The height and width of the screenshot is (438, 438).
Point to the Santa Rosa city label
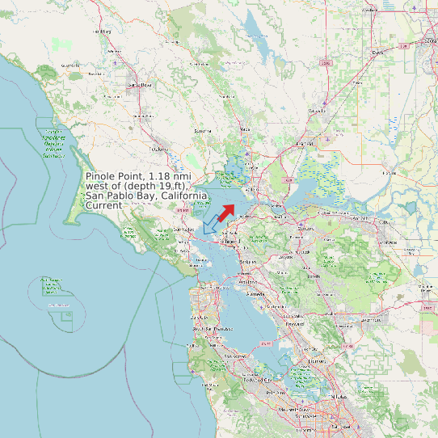click(x=140, y=84)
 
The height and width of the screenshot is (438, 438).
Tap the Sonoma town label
click(x=203, y=131)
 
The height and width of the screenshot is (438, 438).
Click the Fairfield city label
click(x=305, y=143)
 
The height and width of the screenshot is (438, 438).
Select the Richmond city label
click(x=233, y=241)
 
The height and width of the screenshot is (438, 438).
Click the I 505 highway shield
click(x=326, y=62)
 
